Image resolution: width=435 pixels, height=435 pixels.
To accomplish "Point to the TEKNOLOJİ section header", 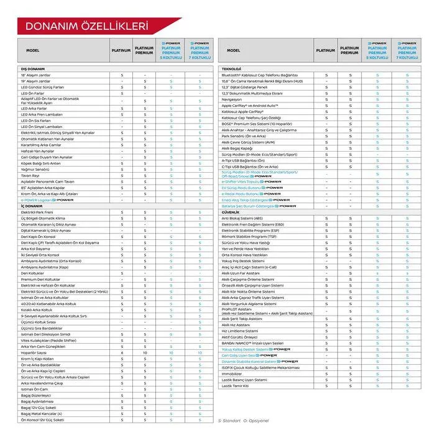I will click(231, 68).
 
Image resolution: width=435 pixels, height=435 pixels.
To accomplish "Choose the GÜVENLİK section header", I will click(231, 212).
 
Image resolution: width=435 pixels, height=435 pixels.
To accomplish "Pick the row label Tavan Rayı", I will click(30, 175).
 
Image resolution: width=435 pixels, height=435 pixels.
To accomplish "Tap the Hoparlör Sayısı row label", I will click(37, 352).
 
